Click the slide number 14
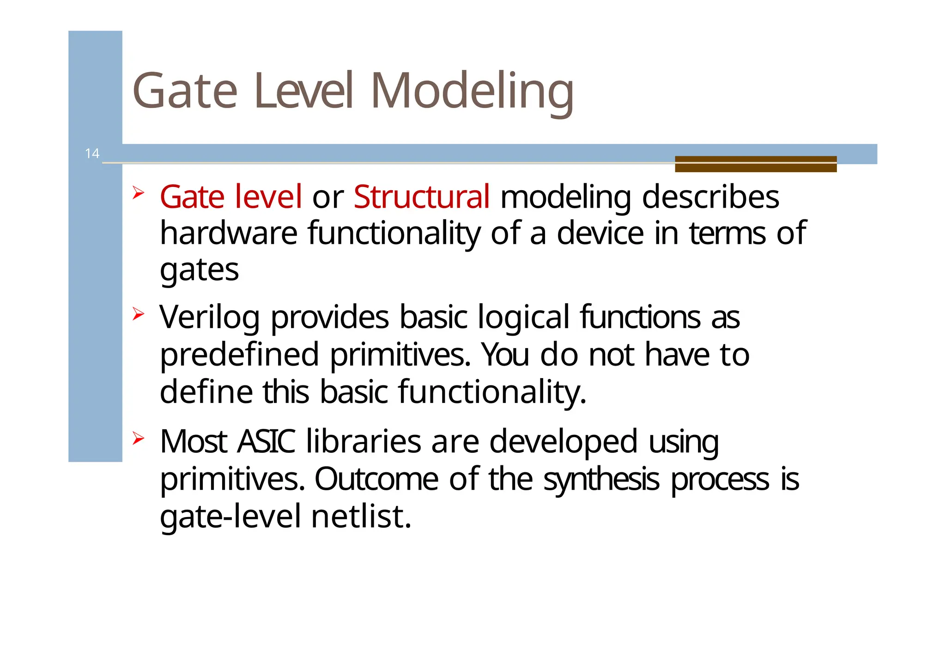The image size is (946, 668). tap(92, 154)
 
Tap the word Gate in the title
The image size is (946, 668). tap(185, 91)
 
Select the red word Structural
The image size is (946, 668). tap(421, 197)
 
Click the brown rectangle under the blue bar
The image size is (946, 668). tap(755, 164)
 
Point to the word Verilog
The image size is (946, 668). tap(209, 318)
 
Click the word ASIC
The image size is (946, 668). tap(266, 441)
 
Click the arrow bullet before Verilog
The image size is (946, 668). tap(138, 314)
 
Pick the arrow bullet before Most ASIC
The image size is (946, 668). tap(138, 438)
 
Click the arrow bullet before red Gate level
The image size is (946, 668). tap(138, 193)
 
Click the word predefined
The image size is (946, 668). tap(239, 355)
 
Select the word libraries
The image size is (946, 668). tap(363, 441)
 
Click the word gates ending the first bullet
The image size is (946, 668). tap(199, 271)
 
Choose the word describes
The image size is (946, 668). tap(710, 197)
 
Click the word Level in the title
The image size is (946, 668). tap(303, 91)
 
